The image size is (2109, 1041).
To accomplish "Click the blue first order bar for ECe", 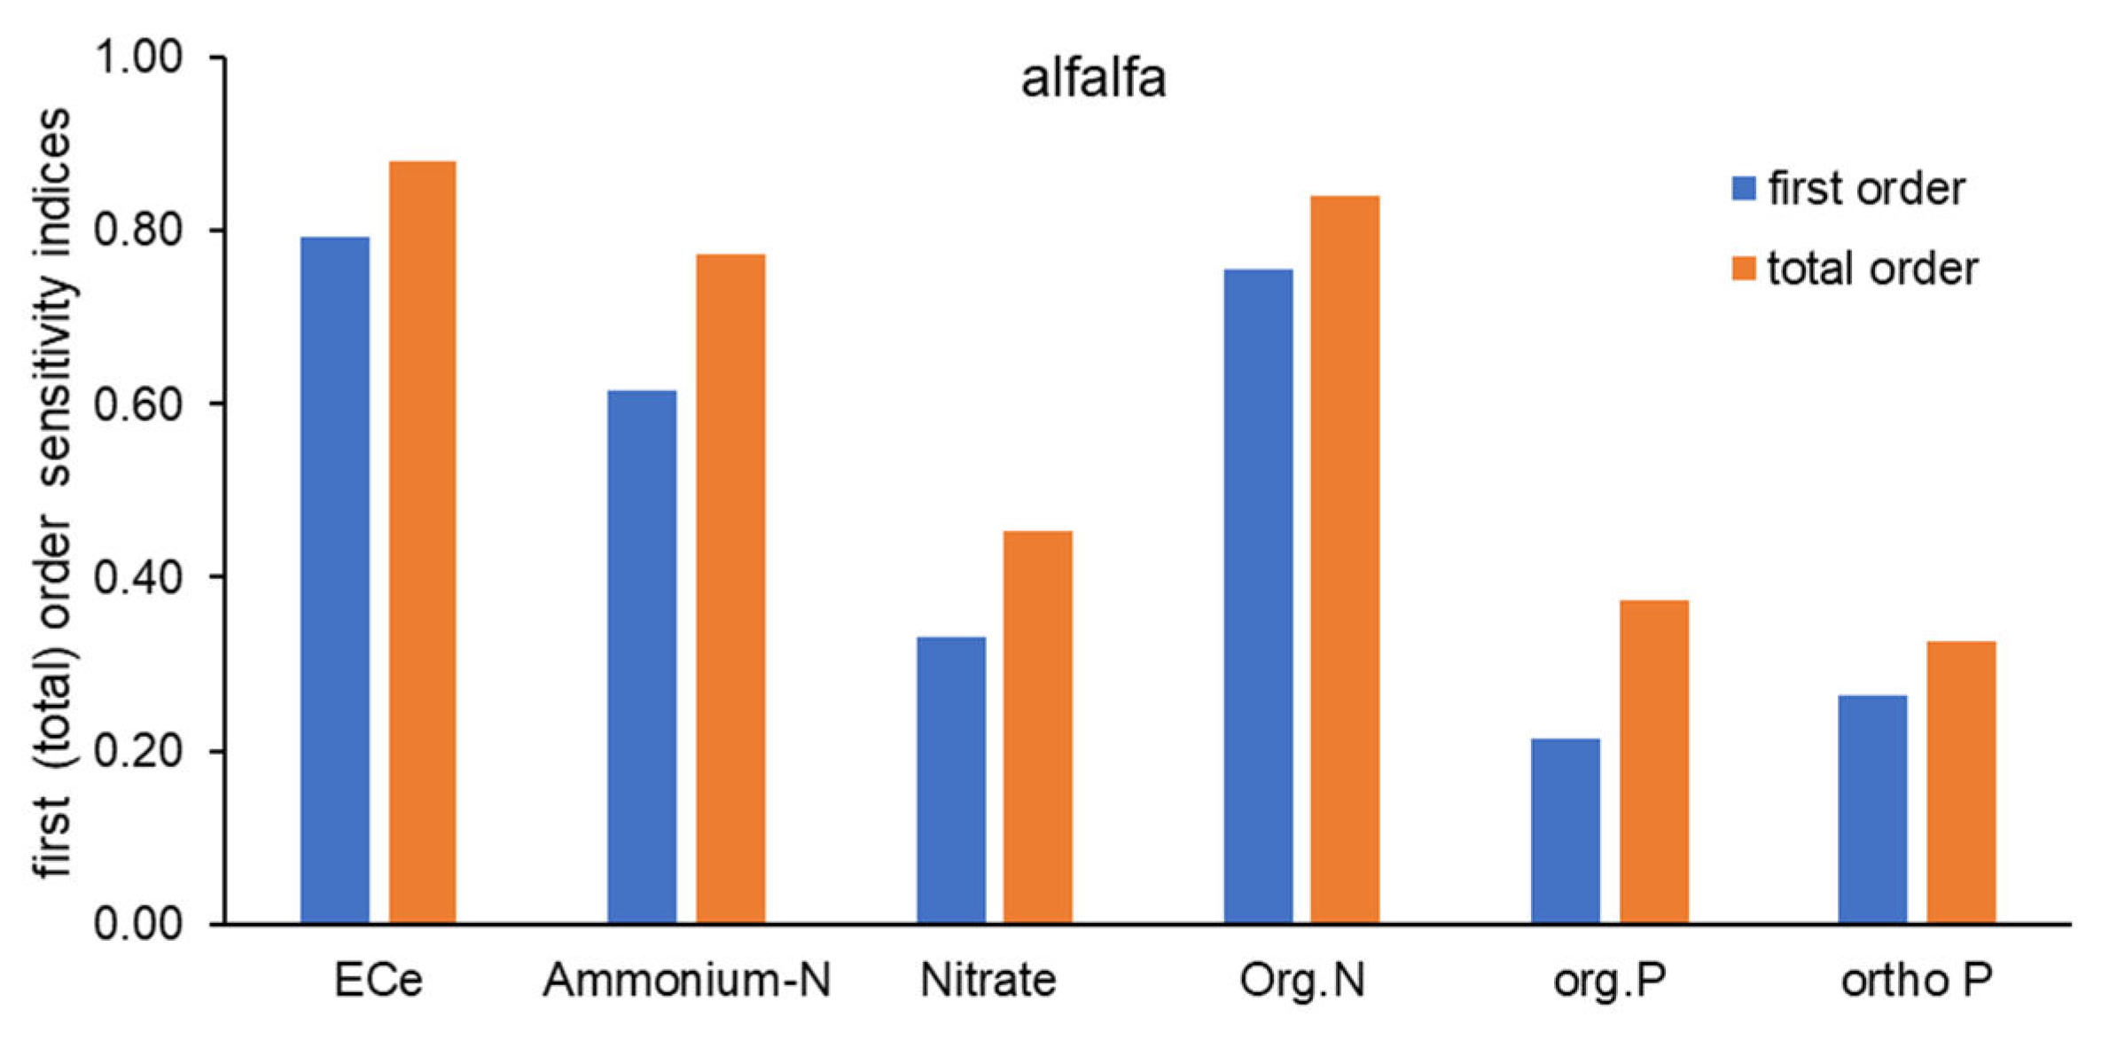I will point(334,581).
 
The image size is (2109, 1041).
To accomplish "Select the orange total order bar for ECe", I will point(422,543).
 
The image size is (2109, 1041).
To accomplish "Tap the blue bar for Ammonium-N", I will point(642,657).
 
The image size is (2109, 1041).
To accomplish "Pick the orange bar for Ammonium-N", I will point(730,590).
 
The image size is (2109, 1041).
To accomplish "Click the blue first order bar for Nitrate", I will point(950,780).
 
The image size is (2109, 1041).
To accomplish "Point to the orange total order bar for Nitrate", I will point(1037,727).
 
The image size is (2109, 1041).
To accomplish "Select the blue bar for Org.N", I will point(1258,597).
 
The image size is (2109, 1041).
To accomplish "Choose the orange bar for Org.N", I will point(1345,560).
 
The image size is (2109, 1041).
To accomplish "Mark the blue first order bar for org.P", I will point(1565,831).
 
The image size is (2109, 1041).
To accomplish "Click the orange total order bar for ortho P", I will point(1961,782).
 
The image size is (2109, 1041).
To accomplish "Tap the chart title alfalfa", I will point(1093,79).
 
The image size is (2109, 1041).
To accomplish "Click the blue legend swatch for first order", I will point(1743,189).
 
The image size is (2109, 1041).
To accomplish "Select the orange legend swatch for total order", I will point(1743,269).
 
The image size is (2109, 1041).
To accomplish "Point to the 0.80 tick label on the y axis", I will point(138,230).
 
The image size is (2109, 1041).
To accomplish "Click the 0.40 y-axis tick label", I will point(138,577).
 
